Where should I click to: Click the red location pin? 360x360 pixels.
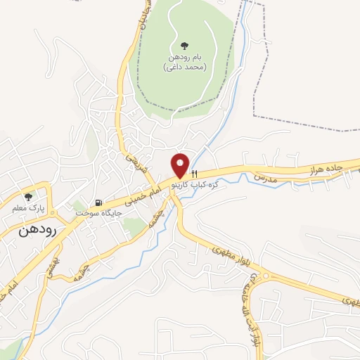click(x=181, y=165)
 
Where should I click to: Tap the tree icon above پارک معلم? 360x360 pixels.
click(x=28, y=198)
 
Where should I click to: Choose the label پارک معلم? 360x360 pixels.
click(x=28, y=208)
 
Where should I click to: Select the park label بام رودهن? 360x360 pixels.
click(x=184, y=57)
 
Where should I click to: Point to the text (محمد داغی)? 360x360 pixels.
click(x=184, y=67)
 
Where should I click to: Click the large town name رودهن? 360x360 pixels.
click(x=37, y=230)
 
